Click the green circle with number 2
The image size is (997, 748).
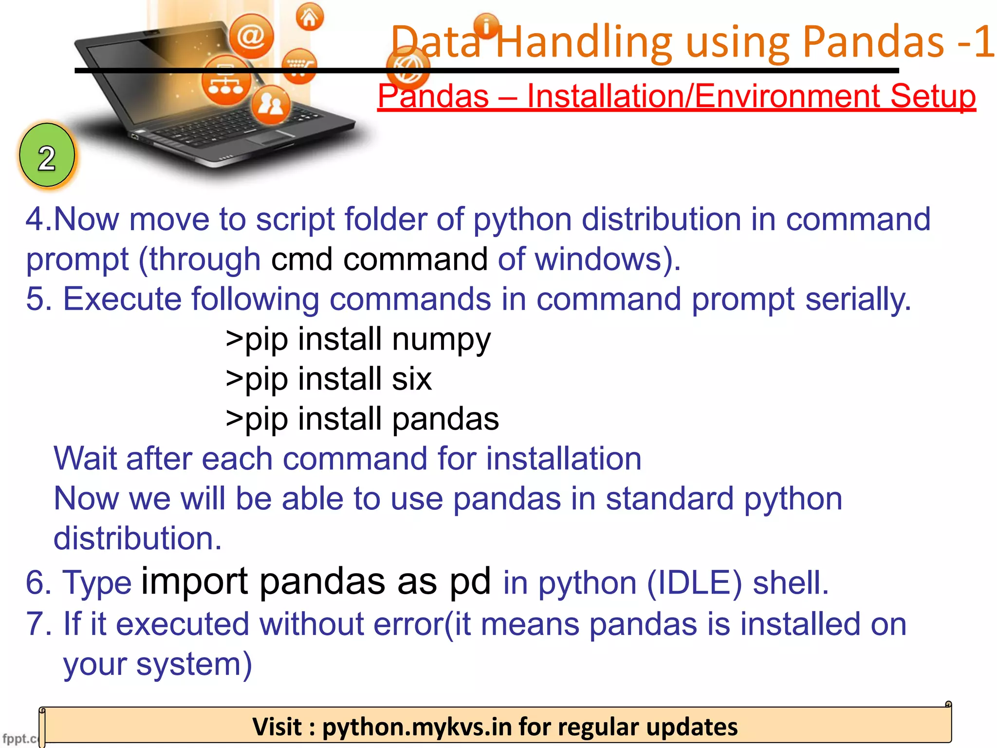(x=47, y=156)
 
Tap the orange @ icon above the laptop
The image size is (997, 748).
(x=251, y=36)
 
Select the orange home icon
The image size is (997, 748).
(x=310, y=17)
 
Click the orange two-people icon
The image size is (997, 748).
(x=271, y=104)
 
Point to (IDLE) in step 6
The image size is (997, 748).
(x=694, y=583)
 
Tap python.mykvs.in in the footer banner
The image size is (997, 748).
(x=417, y=727)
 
